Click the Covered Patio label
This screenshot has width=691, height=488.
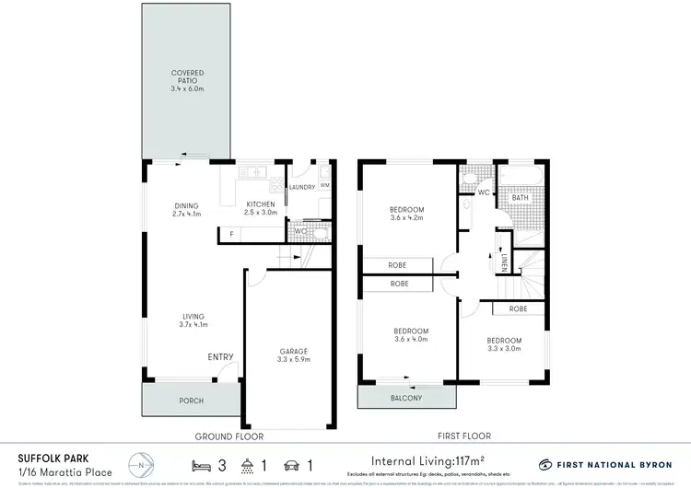click(187, 76)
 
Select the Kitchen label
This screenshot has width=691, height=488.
click(258, 209)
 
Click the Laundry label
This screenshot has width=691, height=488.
click(302, 187)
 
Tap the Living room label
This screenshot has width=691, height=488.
click(193, 319)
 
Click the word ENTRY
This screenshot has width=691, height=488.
click(220, 357)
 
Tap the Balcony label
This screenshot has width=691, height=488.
click(406, 398)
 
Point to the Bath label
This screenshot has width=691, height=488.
click(521, 197)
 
